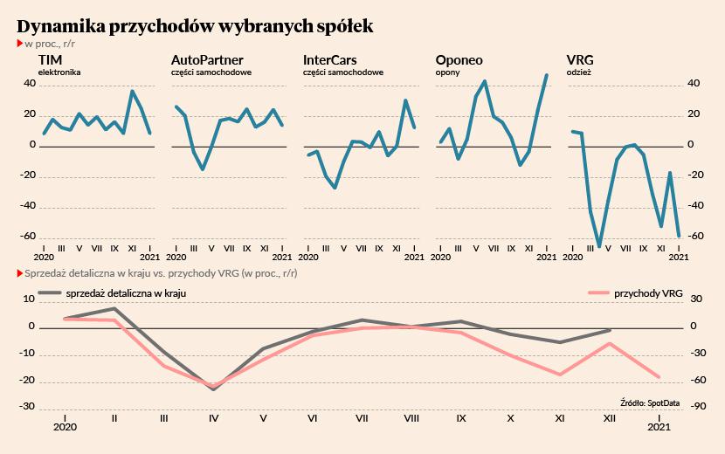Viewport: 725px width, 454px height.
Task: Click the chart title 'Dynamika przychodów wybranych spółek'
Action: (x=195, y=26)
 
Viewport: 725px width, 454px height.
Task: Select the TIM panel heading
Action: (x=50, y=60)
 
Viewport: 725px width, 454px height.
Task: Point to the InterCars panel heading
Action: (x=329, y=60)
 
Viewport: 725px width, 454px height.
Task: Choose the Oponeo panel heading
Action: (x=459, y=60)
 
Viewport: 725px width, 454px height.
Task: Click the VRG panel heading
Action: (x=580, y=60)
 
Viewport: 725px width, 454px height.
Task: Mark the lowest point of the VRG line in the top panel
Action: (x=599, y=246)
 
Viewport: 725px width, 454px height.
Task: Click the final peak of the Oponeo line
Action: (x=547, y=75)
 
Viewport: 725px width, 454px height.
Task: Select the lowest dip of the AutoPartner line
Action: (x=203, y=169)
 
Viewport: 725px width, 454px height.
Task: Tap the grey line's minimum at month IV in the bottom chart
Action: (x=214, y=389)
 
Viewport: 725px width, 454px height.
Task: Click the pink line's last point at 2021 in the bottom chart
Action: (x=659, y=377)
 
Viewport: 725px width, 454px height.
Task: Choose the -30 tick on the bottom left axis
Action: (x=29, y=407)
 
